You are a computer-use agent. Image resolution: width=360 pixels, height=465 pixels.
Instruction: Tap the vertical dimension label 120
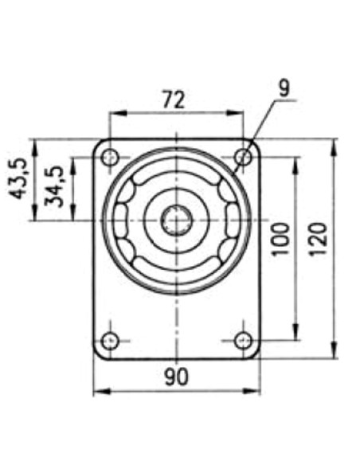[x=318, y=239]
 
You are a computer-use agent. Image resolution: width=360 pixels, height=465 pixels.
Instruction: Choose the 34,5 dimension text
[x=55, y=186]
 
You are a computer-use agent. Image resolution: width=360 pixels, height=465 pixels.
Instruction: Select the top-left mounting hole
[x=111, y=157]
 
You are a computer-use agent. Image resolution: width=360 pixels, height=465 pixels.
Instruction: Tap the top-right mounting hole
[x=243, y=157]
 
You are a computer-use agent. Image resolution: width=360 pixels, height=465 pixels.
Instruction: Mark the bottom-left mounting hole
[x=111, y=341]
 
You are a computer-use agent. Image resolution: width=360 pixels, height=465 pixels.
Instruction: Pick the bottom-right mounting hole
[x=243, y=341]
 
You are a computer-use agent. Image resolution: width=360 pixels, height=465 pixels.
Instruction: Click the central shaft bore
[x=176, y=220]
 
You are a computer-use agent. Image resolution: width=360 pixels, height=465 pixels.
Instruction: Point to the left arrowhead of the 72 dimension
[x=115, y=113]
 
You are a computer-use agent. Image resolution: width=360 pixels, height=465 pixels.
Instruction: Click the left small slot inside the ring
[x=124, y=220]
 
